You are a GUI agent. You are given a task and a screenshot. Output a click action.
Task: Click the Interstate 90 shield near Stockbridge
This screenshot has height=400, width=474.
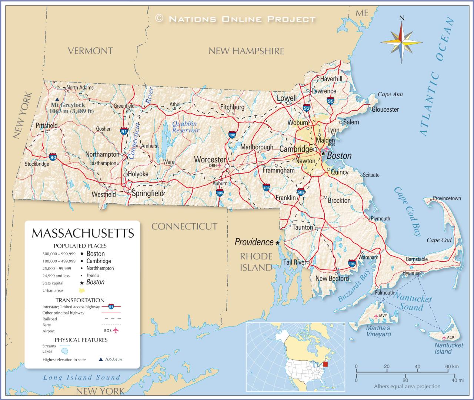[53, 157]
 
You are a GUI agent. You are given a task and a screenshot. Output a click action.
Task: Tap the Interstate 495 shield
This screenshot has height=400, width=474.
[266, 187]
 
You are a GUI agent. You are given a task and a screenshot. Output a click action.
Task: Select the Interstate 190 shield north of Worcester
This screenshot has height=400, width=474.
[232, 135]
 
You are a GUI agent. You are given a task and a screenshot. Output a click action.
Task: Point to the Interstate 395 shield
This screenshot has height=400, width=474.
[220, 192]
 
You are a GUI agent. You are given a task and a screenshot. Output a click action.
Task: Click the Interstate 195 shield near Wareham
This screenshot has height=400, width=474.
[352, 263]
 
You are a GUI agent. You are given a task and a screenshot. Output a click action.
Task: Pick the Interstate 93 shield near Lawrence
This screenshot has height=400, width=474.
[306, 108]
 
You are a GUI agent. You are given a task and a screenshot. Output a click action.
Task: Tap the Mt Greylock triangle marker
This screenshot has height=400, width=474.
[57, 100]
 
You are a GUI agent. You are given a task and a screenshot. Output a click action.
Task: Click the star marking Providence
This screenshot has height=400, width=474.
[277, 243]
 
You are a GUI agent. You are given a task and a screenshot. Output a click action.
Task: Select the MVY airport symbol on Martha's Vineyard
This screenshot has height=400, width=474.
[376, 316]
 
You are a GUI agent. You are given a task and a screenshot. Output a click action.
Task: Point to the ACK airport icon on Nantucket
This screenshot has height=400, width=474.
[444, 337]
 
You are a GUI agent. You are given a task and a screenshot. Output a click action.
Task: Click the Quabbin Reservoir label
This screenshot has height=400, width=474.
[186, 127]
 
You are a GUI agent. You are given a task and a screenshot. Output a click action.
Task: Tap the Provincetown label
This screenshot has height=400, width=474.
[447, 198]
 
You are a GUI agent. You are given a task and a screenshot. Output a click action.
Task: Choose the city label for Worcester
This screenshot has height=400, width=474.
[210, 159]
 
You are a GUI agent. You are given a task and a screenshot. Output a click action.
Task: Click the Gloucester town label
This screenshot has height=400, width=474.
[385, 109]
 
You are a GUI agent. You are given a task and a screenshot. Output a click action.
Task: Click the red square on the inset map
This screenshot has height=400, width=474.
[326, 364]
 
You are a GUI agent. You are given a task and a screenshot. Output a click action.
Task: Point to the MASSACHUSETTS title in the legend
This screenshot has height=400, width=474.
[83, 233]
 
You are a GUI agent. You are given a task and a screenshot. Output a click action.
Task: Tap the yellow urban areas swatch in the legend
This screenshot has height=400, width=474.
[81, 290]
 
